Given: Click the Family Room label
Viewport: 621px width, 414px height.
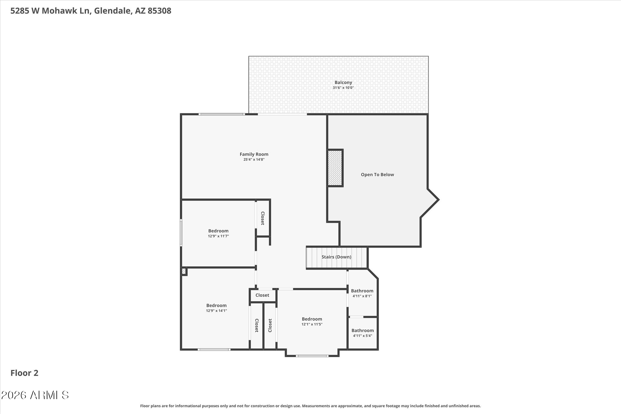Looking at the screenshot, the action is click(x=254, y=154).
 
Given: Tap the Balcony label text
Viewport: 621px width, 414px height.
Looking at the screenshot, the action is click(x=343, y=82).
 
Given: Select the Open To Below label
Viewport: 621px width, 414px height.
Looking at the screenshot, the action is click(x=377, y=175).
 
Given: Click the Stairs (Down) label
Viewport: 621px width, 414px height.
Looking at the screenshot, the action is click(x=336, y=257).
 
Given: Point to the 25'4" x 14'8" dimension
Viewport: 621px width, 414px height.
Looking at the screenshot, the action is click(x=254, y=160).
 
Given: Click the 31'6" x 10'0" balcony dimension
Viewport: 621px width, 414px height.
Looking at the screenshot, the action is click(x=343, y=88).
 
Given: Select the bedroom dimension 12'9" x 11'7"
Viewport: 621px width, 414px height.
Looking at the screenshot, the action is click(x=218, y=236).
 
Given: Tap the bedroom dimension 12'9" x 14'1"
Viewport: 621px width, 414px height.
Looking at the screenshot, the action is click(x=216, y=311).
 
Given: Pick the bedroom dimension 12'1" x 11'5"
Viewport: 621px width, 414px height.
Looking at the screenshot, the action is click(x=312, y=324).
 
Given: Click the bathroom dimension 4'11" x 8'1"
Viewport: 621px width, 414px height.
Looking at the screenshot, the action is click(x=362, y=296).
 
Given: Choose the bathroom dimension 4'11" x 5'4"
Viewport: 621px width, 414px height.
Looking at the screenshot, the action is click(x=363, y=336).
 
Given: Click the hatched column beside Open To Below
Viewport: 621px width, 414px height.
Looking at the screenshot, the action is click(x=335, y=168).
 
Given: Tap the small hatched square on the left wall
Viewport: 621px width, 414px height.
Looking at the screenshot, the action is click(x=184, y=271).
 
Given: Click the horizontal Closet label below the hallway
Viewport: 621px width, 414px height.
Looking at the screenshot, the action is click(x=262, y=295).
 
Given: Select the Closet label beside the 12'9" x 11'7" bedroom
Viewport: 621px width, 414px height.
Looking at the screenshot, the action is click(x=263, y=218).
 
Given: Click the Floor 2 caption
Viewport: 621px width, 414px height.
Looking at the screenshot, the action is click(x=24, y=373).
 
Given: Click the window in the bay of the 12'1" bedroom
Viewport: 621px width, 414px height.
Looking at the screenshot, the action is click(x=312, y=356).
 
